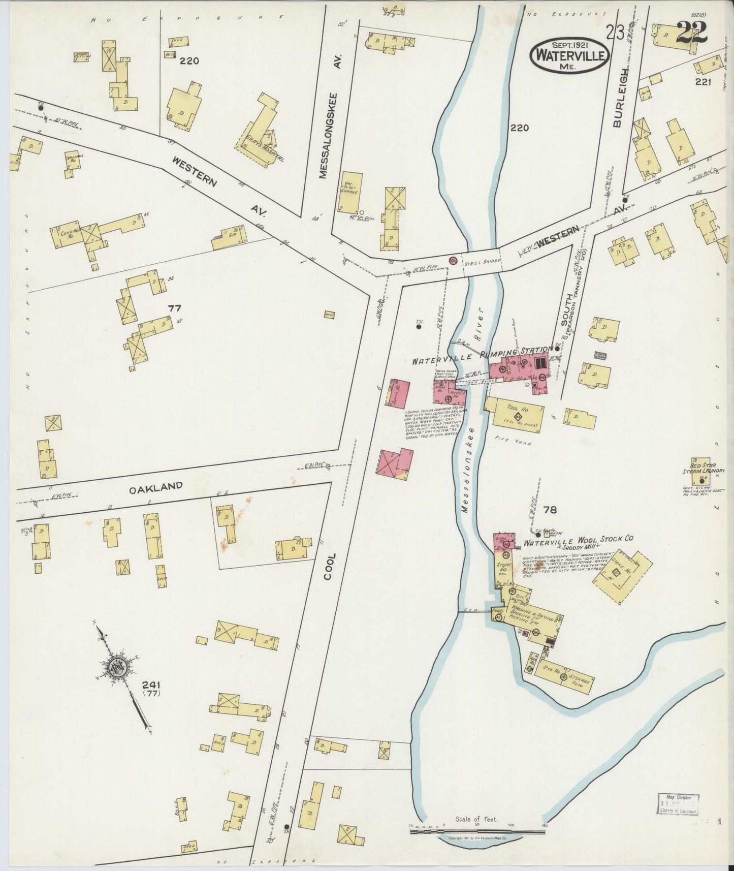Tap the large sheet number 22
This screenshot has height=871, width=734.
(691, 33)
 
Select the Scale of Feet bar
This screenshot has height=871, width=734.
(477, 831)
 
